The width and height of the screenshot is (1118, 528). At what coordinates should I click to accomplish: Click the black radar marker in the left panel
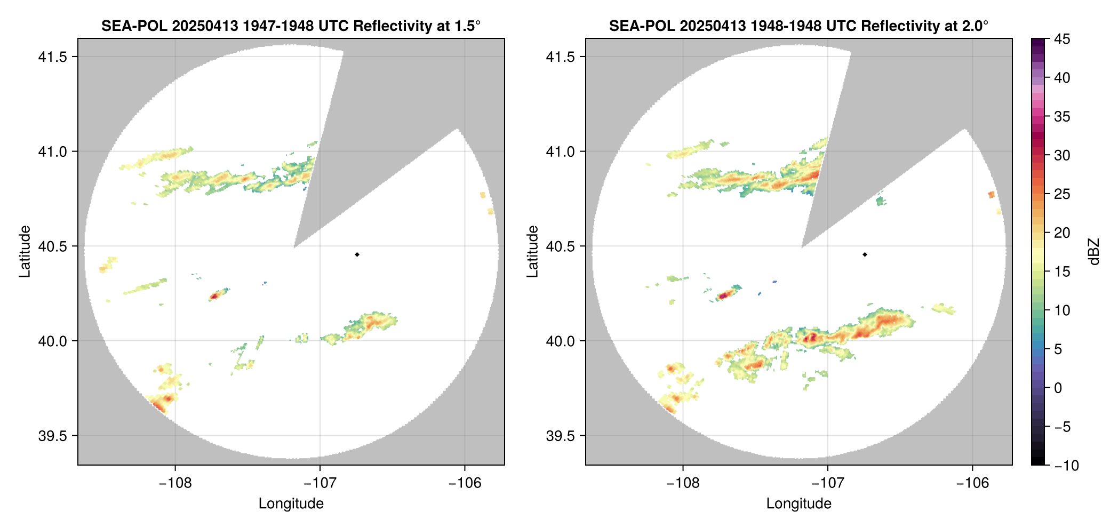[x=357, y=254]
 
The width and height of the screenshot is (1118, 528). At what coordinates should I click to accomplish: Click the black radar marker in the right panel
[x=865, y=254]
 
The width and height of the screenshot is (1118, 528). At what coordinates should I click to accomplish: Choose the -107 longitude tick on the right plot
[x=828, y=483]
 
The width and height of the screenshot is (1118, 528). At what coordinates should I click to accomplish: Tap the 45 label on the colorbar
[x=1061, y=39]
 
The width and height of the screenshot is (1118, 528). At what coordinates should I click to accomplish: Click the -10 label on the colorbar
[x=1066, y=466]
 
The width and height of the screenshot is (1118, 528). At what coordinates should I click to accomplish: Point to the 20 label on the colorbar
[x=1061, y=233]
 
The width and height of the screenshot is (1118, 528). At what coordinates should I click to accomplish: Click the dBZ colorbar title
[x=1094, y=252]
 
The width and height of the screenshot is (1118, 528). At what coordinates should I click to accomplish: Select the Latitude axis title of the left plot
[x=25, y=252]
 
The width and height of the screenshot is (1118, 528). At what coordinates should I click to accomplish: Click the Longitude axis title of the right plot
[x=798, y=504]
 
